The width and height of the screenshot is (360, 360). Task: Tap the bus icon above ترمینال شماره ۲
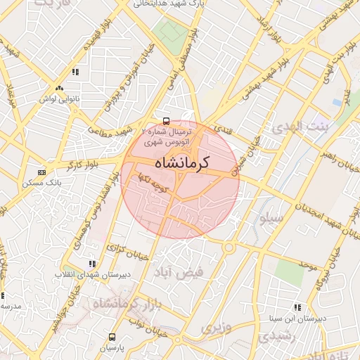[166, 120]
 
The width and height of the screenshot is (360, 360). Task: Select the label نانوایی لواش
[57, 99]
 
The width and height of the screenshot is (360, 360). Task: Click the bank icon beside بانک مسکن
[41, 172]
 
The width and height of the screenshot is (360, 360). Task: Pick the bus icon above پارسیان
[110, 337]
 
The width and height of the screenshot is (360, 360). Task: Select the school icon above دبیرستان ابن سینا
[297, 307]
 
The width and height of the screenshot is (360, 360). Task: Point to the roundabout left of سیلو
[229, 247]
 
